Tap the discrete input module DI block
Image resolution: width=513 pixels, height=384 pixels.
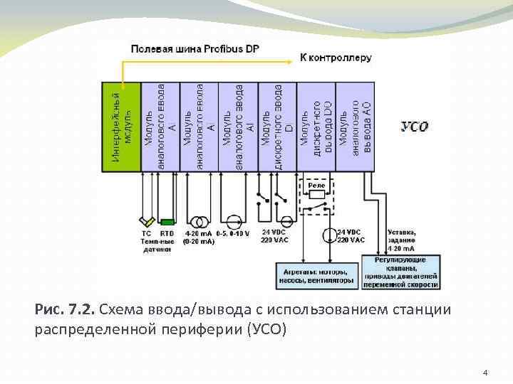coord(277,127)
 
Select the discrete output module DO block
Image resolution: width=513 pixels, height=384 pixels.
coord(316,127)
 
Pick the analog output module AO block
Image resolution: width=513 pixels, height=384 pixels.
coord(355,127)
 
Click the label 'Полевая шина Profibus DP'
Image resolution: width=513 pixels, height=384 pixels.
coord(195,48)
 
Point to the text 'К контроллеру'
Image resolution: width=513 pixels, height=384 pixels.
coord(335,58)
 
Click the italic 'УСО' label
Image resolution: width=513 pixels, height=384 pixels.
coord(414,126)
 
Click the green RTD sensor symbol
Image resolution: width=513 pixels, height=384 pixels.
coord(167,222)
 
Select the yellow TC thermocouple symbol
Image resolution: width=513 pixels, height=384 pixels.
coord(147,221)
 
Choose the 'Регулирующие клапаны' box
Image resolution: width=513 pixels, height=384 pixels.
coord(401,272)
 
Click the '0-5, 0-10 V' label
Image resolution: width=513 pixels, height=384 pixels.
coord(233,233)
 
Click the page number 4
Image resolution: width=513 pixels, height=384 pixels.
coord(484,372)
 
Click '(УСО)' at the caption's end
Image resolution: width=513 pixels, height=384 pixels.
coord(266,330)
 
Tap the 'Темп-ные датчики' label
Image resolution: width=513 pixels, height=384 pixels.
coord(156,245)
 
